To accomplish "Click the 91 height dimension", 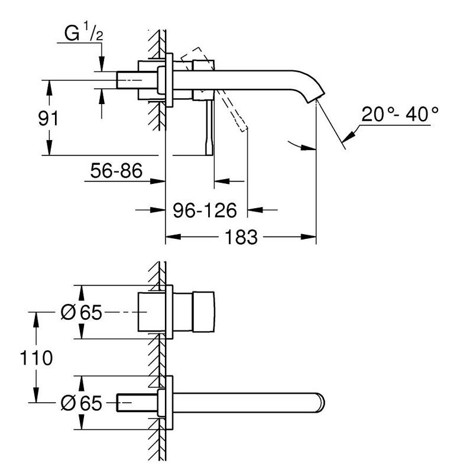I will click(48, 118).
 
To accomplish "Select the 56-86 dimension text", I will click(116, 171).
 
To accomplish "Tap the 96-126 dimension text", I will click(205, 209).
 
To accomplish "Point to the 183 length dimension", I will click(241, 238).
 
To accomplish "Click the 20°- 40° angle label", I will click(400, 114).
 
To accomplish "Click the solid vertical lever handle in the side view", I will click(209, 127).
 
